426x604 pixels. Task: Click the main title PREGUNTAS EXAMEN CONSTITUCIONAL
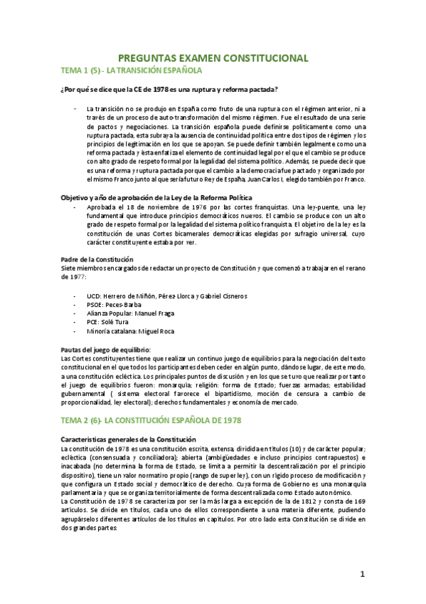(213, 58)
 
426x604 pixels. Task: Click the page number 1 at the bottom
(362, 574)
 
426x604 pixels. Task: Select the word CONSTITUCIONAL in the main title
(263, 58)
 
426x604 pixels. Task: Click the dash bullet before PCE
(75, 322)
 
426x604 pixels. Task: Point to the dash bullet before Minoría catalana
(75, 331)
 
